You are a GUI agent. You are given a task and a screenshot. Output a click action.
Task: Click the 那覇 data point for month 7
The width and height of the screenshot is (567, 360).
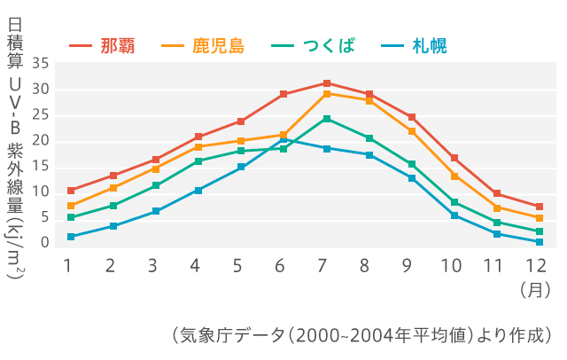pyautogui.click(x=327, y=83)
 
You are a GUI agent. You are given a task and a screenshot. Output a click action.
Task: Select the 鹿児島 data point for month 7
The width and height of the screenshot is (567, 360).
pyautogui.click(x=327, y=94)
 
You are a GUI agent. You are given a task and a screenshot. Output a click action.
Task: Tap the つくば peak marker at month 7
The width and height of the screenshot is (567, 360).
pyautogui.click(x=327, y=119)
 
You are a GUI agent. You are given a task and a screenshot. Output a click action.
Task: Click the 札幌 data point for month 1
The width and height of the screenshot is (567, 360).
pyautogui.click(x=71, y=237)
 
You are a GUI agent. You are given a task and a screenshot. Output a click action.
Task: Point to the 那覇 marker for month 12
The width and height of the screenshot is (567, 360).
pyautogui.click(x=539, y=207)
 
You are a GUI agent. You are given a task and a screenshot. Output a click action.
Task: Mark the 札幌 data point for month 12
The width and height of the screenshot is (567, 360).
pyautogui.click(x=539, y=242)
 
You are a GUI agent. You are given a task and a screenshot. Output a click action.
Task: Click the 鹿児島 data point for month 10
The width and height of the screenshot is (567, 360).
pyautogui.click(x=454, y=176)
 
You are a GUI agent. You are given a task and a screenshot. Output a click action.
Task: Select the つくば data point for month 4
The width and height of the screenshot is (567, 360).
pyautogui.click(x=198, y=161)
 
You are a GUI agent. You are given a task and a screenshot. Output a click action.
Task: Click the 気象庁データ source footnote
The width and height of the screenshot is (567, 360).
pyautogui.click(x=362, y=336)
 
